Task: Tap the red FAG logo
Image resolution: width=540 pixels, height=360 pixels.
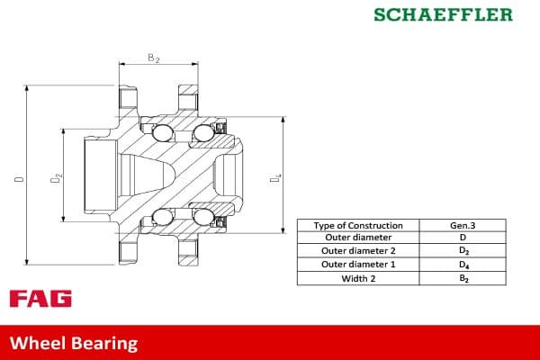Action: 40,299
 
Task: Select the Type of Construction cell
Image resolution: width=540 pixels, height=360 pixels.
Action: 359,225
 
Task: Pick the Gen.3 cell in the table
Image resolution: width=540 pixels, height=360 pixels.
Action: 463,225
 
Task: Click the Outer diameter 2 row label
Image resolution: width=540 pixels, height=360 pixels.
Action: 359,251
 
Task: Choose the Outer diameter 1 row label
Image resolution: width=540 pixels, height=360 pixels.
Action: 359,265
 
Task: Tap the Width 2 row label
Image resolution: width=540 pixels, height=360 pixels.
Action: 359,279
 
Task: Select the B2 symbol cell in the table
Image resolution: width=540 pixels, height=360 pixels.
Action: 463,279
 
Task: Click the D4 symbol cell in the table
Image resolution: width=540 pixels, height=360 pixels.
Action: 463,265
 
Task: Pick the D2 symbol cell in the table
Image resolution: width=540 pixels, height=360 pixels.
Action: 463,251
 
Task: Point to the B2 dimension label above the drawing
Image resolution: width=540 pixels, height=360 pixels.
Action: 154,58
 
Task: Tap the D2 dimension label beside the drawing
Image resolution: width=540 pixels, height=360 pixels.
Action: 55,179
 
